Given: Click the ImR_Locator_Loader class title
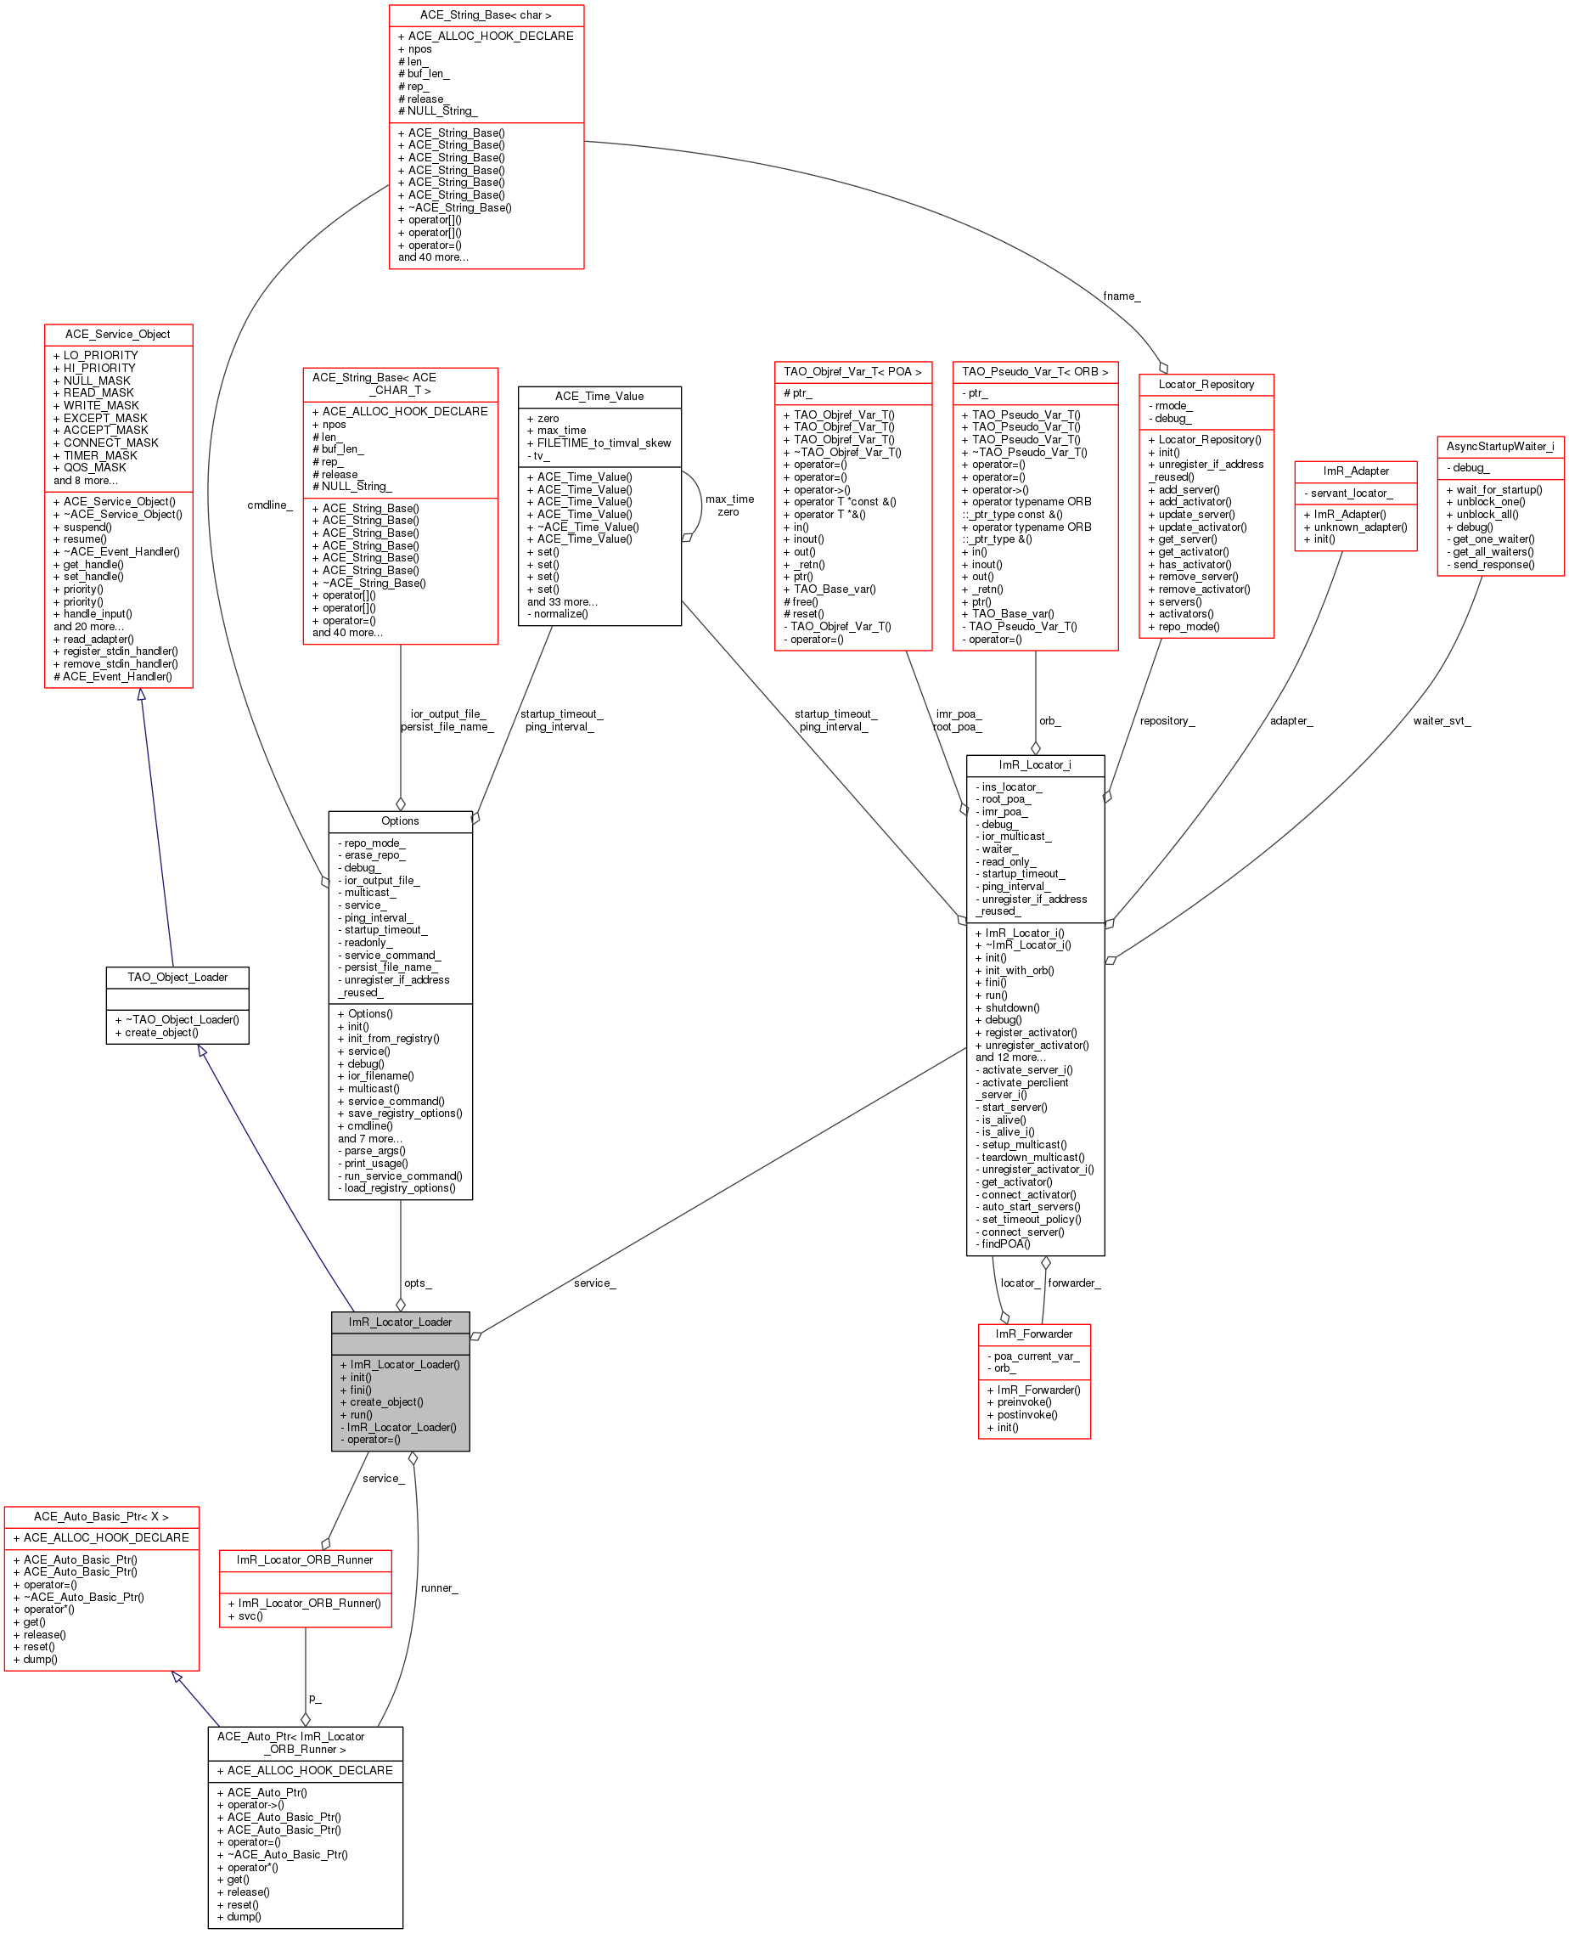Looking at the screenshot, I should (x=400, y=1322).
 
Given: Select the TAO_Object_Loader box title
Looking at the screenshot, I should (x=177, y=978).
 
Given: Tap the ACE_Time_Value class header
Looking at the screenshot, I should (x=599, y=396).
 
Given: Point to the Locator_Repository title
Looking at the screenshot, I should (x=1206, y=384).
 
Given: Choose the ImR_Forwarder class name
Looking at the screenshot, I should (x=1033, y=1334).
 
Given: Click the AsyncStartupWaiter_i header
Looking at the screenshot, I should (x=1499, y=447).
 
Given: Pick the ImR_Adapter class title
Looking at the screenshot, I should (x=1355, y=471).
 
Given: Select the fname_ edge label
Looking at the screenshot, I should (x=1121, y=296).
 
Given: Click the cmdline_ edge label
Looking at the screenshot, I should (x=269, y=505).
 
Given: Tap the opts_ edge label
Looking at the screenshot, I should (x=418, y=1283).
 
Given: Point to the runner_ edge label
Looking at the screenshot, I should (x=438, y=1587).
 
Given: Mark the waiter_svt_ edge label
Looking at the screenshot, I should (x=1442, y=720).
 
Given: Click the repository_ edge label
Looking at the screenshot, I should (x=1166, y=720).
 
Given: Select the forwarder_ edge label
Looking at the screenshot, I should (x=1074, y=1283).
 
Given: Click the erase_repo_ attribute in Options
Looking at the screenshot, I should (x=374, y=855).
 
